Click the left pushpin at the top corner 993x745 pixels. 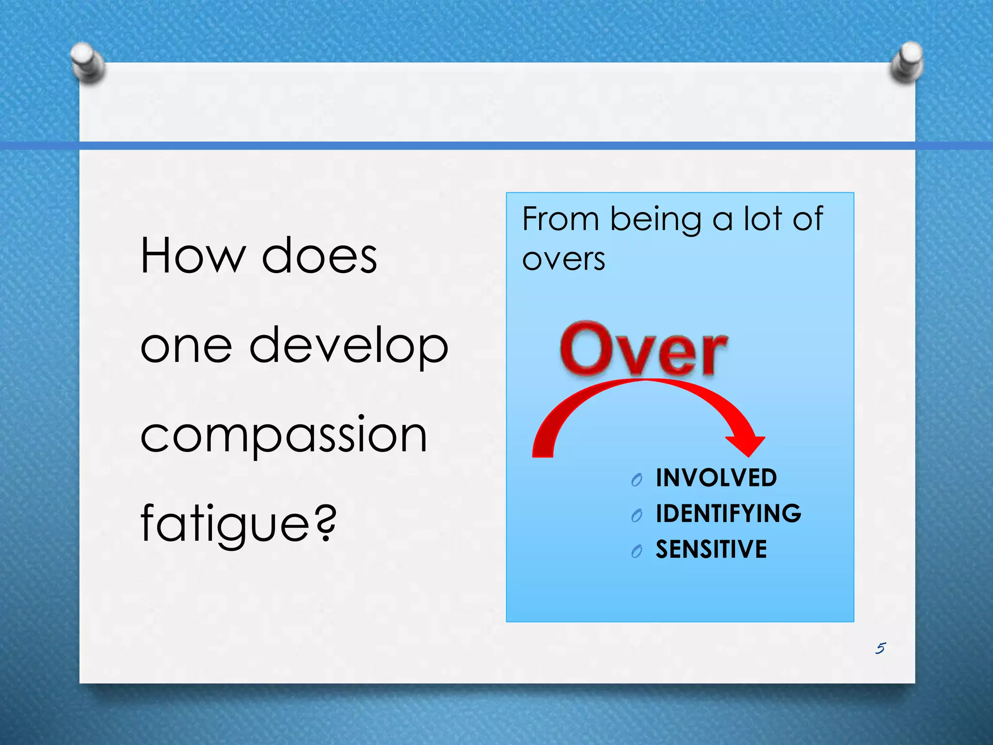[87, 62]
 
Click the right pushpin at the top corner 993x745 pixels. [906, 61]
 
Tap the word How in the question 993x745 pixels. [192, 256]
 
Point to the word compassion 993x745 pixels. [284, 435]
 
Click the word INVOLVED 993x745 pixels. [716, 478]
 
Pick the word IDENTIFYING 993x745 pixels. [728, 514]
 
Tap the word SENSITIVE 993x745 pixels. [711, 550]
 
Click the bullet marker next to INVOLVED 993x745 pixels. [637, 480]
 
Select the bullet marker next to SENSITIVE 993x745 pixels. [637, 551]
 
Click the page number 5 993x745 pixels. [881, 648]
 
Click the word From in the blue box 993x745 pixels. [561, 219]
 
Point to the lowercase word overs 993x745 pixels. [563, 259]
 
